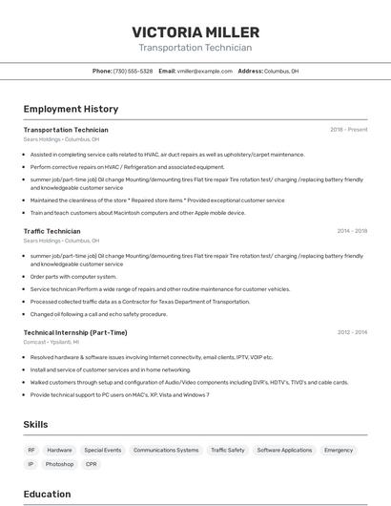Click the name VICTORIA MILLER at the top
point(195,32)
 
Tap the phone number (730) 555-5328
point(133,71)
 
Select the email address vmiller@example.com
point(205,71)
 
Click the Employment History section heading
point(71,109)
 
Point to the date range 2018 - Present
point(348,130)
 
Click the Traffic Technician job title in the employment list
point(51,231)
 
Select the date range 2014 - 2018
point(351,231)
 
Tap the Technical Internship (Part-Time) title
point(74,332)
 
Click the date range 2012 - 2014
point(351,332)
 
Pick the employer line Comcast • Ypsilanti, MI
point(51,342)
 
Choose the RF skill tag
point(31,450)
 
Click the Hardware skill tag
point(59,450)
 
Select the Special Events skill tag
point(102,450)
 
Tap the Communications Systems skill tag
point(166,450)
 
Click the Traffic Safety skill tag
point(227,450)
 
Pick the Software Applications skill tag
point(284,450)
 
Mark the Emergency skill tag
point(339,450)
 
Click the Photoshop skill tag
point(59,464)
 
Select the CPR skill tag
point(92,464)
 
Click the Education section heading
point(47,494)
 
